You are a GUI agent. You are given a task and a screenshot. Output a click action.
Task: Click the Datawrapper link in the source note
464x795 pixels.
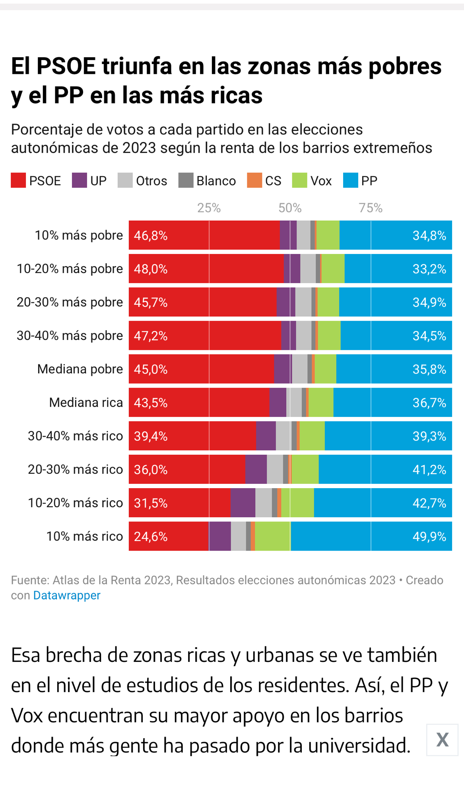[x=67, y=595]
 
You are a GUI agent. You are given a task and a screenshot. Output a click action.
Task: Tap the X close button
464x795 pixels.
[x=442, y=740]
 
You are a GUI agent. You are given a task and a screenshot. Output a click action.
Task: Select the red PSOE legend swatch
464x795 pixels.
[x=18, y=180]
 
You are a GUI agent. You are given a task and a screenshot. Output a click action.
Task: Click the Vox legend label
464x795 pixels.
[x=321, y=181]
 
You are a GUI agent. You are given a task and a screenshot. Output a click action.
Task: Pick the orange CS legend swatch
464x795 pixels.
[x=254, y=180]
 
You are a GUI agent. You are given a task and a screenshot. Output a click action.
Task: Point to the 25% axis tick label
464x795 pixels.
[x=209, y=208]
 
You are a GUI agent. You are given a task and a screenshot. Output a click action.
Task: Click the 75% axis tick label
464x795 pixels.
[x=371, y=208]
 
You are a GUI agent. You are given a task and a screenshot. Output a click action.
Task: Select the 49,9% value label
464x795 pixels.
[x=429, y=536]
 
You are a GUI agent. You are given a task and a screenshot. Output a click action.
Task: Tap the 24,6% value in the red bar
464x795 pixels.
[x=151, y=536]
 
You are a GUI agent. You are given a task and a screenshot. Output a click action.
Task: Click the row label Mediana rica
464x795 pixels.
[x=86, y=403]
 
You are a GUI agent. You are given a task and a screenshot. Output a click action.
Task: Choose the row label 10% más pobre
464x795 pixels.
[x=79, y=235]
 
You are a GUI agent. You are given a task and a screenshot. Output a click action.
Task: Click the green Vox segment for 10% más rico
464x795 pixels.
[x=273, y=536]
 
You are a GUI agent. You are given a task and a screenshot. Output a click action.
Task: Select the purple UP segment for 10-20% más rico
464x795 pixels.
[x=243, y=503]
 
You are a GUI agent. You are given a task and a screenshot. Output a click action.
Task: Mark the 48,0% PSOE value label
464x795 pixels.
[x=151, y=269]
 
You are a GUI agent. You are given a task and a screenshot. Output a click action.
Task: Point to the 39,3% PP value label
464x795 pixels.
[x=429, y=436]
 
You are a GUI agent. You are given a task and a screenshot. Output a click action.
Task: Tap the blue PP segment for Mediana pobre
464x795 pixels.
[x=394, y=369]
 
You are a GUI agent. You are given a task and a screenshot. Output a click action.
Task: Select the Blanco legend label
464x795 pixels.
[x=216, y=181]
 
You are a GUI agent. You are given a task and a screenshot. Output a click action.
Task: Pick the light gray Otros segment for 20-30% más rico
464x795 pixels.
[x=275, y=469]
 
